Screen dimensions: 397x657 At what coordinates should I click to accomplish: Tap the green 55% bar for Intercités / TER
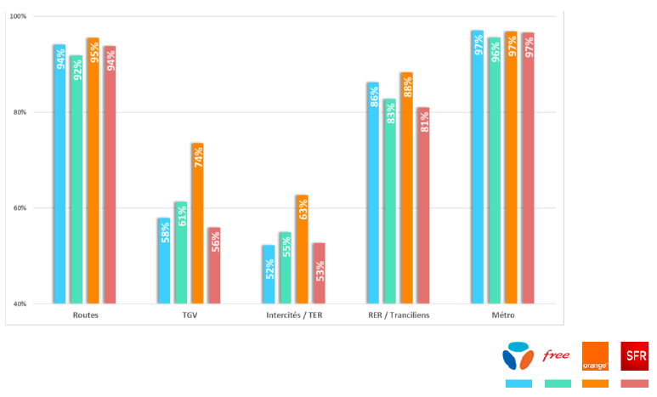click(x=285, y=268)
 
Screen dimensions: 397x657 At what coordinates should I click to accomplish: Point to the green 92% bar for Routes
click(x=76, y=179)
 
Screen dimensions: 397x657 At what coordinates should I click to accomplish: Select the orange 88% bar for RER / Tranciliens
click(x=406, y=188)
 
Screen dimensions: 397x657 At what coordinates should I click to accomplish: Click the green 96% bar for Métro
click(x=494, y=170)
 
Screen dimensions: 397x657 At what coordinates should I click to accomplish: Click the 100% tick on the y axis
click(x=18, y=16)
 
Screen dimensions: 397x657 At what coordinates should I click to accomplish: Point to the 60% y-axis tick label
click(x=18, y=208)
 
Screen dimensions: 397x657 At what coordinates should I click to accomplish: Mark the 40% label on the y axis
click(x=18, y=303)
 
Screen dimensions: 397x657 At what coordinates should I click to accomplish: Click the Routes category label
click(x=85, y=315)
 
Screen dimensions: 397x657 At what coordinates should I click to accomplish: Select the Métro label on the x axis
click(x=502, y=315)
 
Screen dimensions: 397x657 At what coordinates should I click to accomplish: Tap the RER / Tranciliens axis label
click(x=398, y=315)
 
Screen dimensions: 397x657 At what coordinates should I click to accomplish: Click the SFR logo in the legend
click(x=634, y=355)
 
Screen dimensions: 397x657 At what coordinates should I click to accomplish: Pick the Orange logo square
click(x=595, y=355)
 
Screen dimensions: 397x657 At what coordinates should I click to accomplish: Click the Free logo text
click(x=557, y=355)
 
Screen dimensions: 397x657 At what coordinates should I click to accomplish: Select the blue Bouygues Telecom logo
click(x=518, y=355)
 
